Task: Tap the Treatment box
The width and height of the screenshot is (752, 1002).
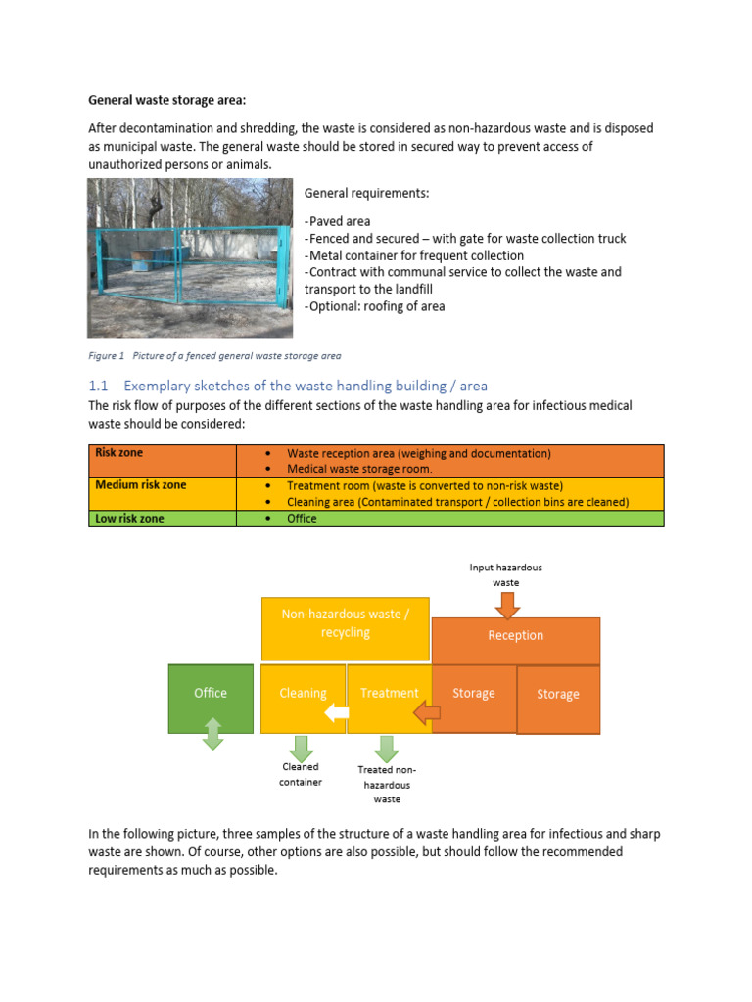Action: coord(389,693)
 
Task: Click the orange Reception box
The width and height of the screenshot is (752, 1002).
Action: coord(515,636)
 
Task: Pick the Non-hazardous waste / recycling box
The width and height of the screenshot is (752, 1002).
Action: coord(345,623)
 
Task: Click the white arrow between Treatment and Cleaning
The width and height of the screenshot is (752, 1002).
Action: coord(337,712)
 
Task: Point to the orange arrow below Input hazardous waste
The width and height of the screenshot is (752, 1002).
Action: coord(507,606)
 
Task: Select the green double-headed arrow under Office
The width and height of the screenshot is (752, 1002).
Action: coord(212,734)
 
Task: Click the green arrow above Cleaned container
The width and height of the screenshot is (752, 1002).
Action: coord(302,748)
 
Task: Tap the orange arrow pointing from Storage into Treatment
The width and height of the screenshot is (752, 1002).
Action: coord(426,714)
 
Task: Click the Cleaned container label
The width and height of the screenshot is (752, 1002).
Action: coord(301,775)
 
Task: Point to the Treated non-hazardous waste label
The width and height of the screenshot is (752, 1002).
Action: coord(387,785)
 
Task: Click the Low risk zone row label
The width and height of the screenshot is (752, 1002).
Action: coord(129,519)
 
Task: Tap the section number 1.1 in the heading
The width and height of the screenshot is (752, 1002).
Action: coord(99,386)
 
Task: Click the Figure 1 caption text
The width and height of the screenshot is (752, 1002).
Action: coord(214,355)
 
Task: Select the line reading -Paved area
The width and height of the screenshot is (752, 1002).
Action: coord(339,221)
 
